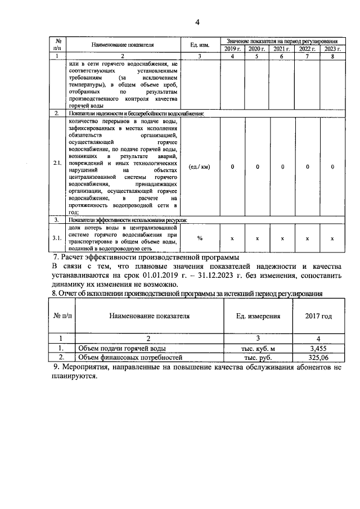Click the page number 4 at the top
[197, 22]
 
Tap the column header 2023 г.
[332, 49]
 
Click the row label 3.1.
[57, 238]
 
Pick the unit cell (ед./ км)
[200, 166]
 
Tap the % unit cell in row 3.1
[200, 238]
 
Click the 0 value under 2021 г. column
[282, 166]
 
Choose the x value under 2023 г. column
[332, 238]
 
